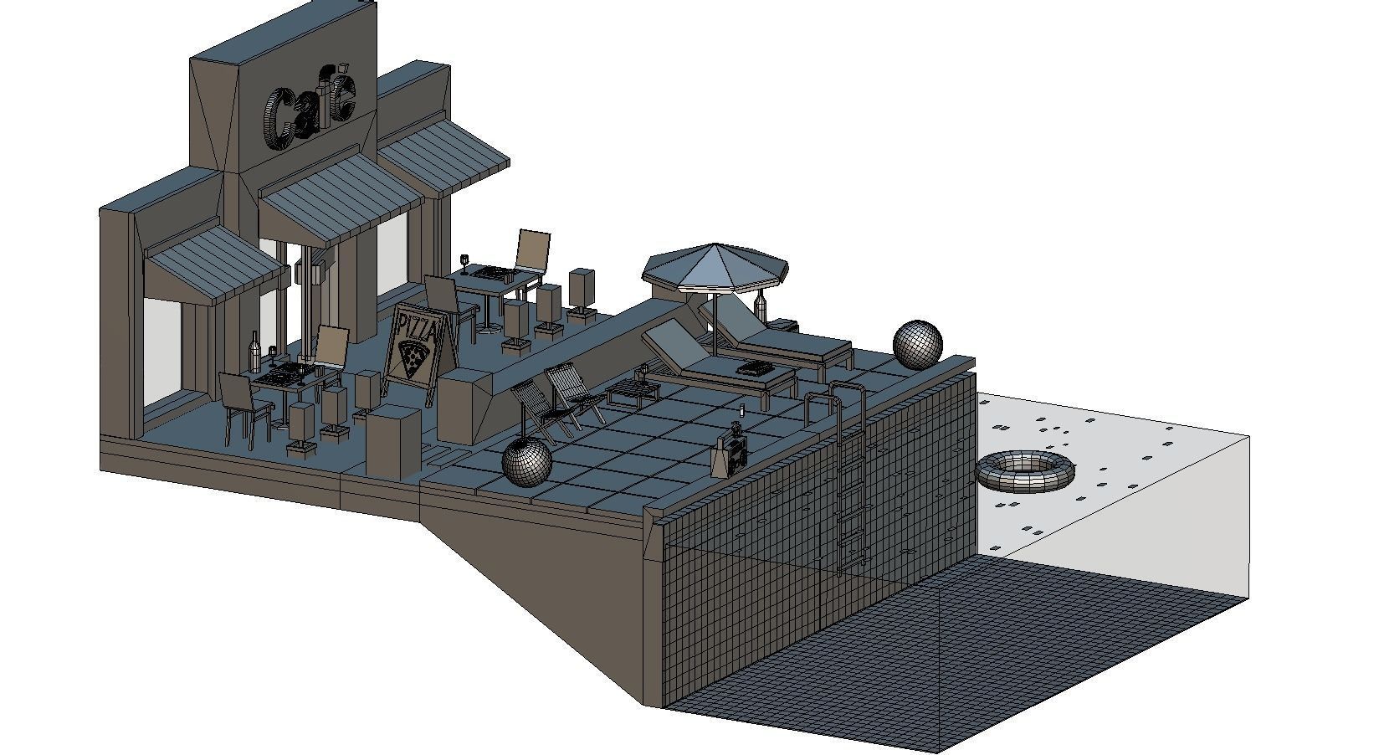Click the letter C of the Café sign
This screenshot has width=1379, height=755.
coord(279,120)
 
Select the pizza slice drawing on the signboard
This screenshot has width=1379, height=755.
coord(413,359)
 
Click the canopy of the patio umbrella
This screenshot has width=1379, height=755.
coord(715,268)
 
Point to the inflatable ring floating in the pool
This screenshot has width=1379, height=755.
coord(1024,471)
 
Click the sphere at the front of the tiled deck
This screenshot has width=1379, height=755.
coord(526,462)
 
